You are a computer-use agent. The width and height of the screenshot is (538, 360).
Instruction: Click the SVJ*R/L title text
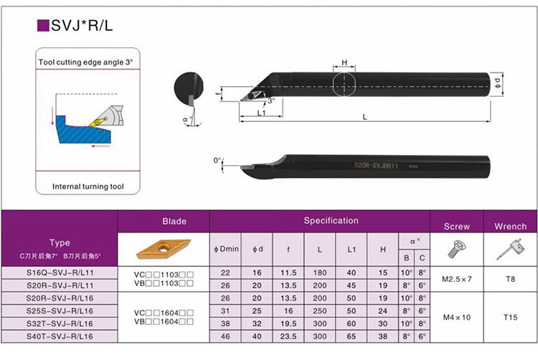pos(82,26)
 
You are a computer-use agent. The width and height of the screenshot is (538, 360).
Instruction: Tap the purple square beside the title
pos(43,26)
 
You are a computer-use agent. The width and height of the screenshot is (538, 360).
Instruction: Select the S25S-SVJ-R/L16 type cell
pos(60,311)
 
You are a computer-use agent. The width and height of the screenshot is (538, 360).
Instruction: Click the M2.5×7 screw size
pos(457,279)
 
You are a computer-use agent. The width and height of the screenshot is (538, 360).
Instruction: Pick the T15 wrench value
pos(510,317)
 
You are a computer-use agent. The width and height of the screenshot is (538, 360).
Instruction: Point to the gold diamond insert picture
pos(164,249)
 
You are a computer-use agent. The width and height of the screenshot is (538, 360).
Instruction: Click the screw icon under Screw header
pos(456,249)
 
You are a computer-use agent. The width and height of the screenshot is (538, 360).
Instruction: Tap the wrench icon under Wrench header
pos(510,250)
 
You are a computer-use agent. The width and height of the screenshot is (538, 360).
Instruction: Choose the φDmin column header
pos(226,249)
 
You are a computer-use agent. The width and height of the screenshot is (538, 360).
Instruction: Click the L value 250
pos(320,311)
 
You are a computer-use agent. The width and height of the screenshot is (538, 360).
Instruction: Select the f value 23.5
pos(288,336)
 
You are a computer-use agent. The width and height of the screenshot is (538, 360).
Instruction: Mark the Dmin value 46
pos(225,336)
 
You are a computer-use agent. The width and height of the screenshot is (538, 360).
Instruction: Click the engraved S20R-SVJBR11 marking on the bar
pos(376,166)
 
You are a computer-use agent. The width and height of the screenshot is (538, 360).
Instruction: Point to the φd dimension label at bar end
pos(498,83)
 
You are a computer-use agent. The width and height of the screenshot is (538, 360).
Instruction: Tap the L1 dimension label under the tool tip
pos(261,113)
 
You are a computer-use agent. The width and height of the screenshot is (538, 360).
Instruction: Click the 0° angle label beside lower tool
pos(217,160)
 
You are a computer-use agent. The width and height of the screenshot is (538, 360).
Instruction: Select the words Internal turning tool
pos(88,186)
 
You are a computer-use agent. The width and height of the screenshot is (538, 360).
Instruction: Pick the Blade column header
pos(174,221)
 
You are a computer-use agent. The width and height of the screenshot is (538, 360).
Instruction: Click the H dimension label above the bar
pos(344,62)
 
